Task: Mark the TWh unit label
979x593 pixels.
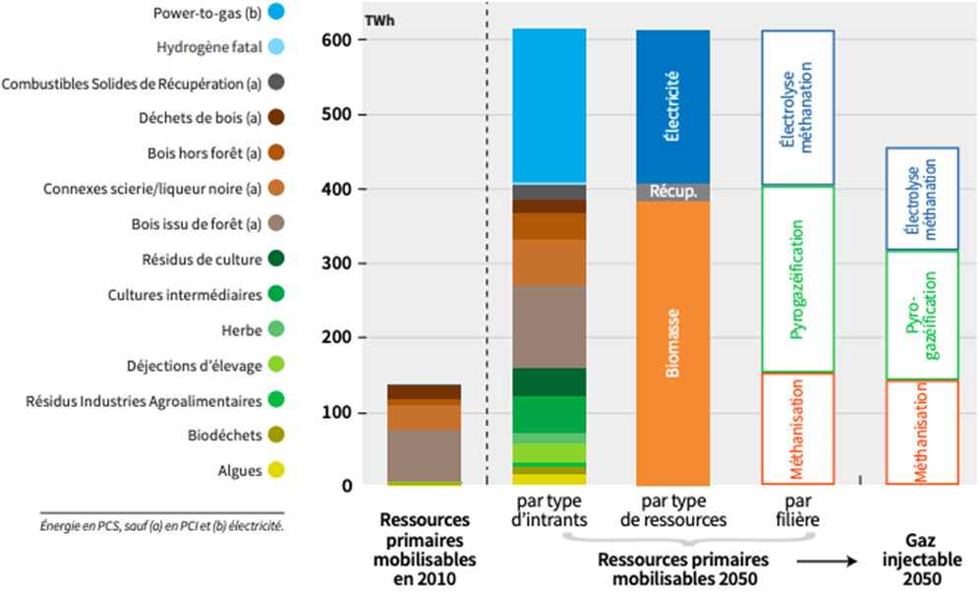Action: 378,20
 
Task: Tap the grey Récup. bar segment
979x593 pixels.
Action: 672,192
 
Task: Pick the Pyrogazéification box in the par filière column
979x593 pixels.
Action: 797,280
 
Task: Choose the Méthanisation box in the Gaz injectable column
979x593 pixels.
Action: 922,433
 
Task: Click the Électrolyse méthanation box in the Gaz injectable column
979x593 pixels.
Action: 922,199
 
